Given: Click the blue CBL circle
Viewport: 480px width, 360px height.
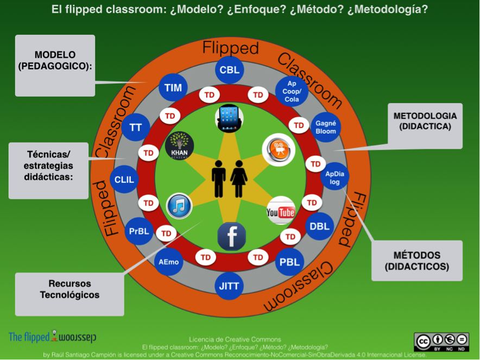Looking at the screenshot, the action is (229, 70).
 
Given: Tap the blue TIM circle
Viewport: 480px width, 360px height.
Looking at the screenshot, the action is (173, 87).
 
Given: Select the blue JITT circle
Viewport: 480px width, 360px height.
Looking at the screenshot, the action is (229, 286).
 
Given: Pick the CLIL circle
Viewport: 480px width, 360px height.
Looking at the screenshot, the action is (124, 179).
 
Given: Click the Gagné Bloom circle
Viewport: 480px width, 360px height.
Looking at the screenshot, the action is (326, 128).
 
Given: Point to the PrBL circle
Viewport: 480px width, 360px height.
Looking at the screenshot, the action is (139, 231).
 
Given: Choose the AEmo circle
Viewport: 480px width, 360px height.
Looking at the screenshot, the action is (169, 262).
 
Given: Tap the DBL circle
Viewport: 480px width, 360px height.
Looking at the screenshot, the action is (320, 226).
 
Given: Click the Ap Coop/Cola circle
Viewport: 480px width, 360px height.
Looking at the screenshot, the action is (292, 91).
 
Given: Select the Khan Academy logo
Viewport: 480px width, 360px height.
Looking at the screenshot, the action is (179, 146).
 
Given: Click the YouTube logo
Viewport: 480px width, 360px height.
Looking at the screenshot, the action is (281, 211).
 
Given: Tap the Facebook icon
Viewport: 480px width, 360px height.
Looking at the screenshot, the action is (231, 237).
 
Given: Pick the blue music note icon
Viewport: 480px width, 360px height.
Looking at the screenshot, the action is (179, 206).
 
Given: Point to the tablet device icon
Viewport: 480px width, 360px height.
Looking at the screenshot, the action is (229, 118).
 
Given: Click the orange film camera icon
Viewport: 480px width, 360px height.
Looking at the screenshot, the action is (279, 150).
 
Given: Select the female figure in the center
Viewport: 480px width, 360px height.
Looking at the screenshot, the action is (239, 179).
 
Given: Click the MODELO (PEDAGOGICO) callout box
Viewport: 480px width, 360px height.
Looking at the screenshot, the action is (55, 66).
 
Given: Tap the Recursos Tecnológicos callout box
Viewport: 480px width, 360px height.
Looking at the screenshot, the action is (70, 294).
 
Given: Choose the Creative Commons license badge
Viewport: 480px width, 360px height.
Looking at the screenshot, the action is (441, 342).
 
